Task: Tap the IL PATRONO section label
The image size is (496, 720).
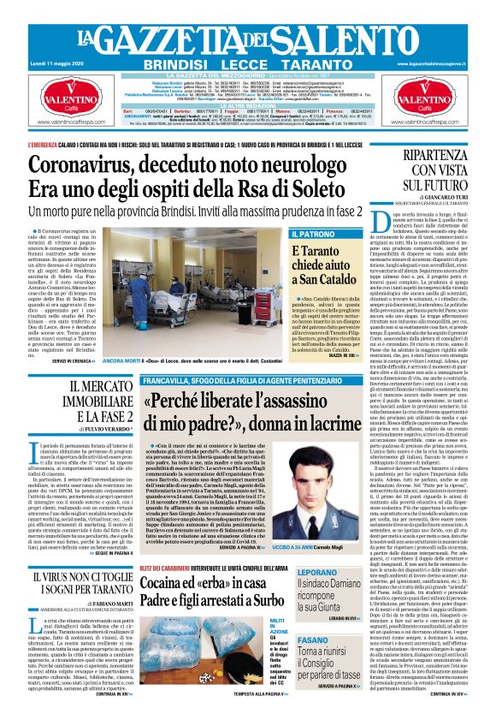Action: [313, 233]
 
